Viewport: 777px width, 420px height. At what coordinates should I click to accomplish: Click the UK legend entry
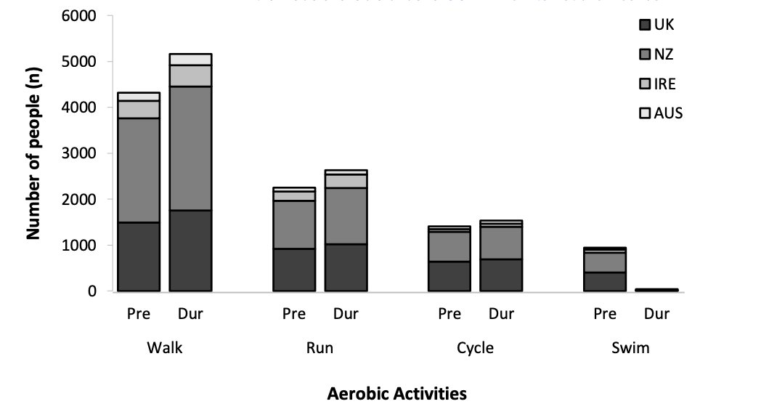coord(657,25)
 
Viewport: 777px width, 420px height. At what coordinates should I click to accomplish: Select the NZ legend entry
coord(657,54)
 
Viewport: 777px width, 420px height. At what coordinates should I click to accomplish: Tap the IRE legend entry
coord(659,84)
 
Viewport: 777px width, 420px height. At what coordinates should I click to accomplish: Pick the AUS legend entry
coord(660,113)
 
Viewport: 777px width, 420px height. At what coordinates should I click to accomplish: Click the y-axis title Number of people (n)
coord(33,153)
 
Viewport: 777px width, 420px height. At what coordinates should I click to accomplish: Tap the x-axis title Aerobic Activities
coord(397,394)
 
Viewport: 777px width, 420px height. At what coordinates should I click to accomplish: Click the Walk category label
coord(164,348)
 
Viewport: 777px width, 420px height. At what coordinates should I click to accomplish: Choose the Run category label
coord(320,348)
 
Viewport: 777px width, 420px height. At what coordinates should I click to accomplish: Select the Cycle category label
coord(475,348)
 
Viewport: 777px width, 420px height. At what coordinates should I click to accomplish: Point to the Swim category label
coord(630,348)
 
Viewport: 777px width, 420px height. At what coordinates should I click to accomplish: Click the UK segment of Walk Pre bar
coord(139,257)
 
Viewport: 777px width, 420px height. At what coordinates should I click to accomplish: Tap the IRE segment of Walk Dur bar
coord(190,76)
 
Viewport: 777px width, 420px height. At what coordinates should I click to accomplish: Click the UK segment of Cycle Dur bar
coord(501,275)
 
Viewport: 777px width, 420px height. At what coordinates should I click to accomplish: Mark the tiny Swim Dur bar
coord(656,290)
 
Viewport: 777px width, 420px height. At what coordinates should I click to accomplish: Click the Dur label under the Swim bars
coord(656,315)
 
